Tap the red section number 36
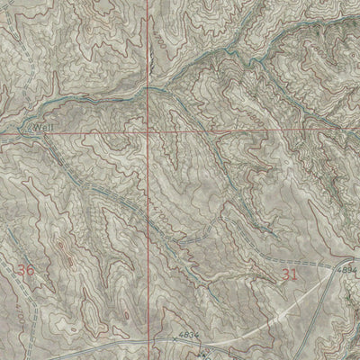point(26,269)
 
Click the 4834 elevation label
point(187,335)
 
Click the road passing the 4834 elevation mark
point(135,343)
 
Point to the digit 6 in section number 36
point(31,269)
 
